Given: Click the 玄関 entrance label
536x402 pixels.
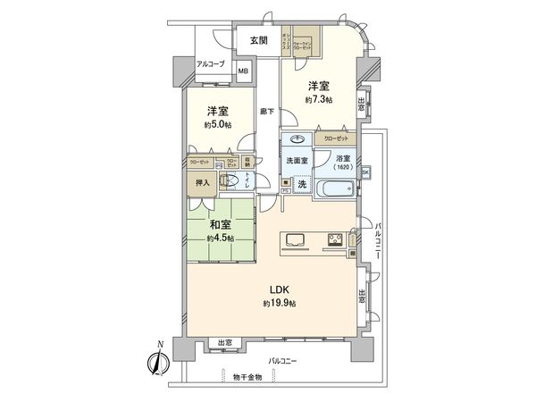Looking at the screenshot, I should tap(258, 40).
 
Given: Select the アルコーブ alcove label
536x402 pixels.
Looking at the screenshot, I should tap(211, 64).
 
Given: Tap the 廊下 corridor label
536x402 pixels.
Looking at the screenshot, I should tap(266, 112).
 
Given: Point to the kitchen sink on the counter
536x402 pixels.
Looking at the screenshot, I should tap(297, 239).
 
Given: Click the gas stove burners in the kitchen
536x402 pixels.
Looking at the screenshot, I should tap(335, 239).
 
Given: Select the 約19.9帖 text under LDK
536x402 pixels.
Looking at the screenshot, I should tap(280, 304).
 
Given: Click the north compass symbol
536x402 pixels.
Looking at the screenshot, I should tap(153, 363).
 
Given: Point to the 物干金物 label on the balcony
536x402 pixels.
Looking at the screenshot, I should tap(245, 376).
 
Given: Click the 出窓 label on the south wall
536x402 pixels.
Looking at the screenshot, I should tap(225, 343).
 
